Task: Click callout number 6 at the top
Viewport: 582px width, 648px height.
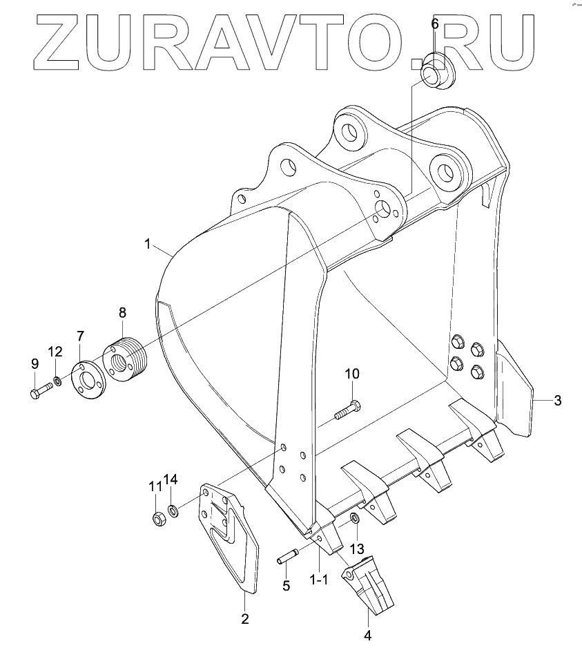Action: (435, 24)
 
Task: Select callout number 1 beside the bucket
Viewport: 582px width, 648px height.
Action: (147, 243)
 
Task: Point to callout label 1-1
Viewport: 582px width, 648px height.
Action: (318, 580)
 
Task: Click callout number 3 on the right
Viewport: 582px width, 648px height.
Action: (557, 400)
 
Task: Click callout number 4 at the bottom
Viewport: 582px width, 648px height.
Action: (367, 633)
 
